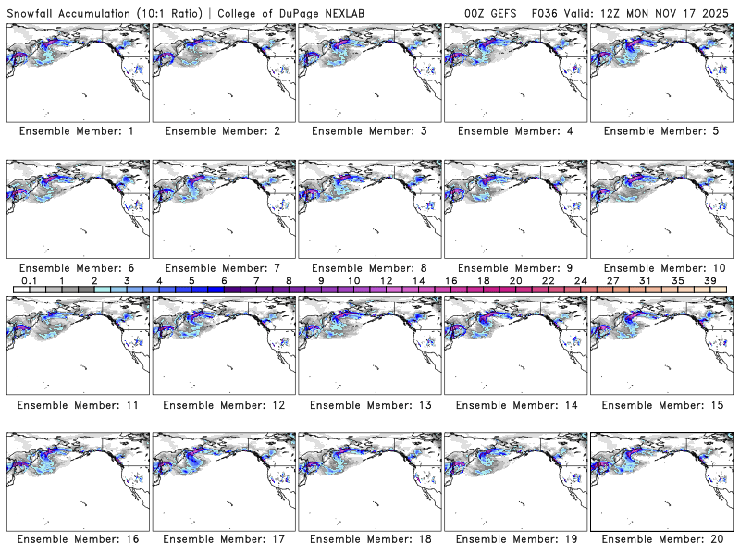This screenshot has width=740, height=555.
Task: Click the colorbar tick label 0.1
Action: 30,280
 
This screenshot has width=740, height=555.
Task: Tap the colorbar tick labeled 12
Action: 386,280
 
